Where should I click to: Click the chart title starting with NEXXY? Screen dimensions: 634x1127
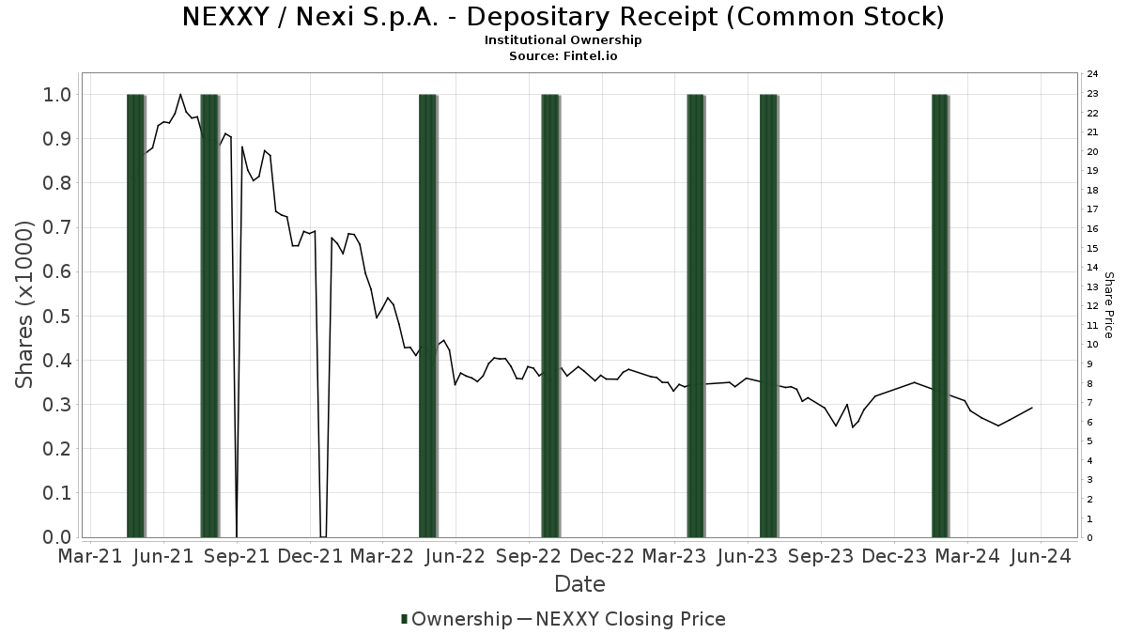click(563, 17)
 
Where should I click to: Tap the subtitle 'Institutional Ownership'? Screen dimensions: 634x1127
click(563, 40)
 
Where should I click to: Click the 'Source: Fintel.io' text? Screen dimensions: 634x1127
click(563, 56)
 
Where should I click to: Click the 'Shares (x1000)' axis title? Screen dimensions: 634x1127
click(25, 304)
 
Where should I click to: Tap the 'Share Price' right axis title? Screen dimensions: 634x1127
click(1108, 305)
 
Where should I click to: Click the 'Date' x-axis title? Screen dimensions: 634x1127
click(579, 584)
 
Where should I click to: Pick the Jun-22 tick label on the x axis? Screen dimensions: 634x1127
click(455, 556)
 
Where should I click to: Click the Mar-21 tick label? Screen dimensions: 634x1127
click(91, 556)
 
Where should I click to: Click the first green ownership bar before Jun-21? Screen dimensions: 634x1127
click(136, 316)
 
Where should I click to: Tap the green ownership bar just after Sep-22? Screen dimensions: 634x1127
click(550, 316)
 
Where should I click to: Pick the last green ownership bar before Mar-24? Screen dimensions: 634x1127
click(940, 316)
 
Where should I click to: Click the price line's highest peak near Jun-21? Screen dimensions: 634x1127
click(180, 94)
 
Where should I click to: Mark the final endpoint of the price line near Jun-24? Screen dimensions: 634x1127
click(1032, 408)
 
